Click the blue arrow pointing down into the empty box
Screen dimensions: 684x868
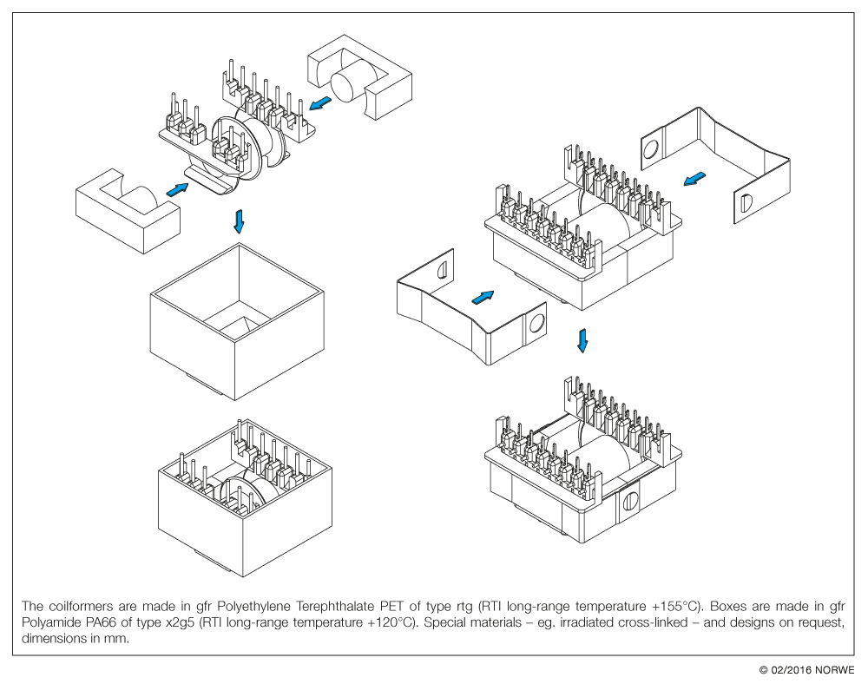[240, 222]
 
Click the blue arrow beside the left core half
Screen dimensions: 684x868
[177, 189]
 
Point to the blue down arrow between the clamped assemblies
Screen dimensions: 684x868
[583, 339]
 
